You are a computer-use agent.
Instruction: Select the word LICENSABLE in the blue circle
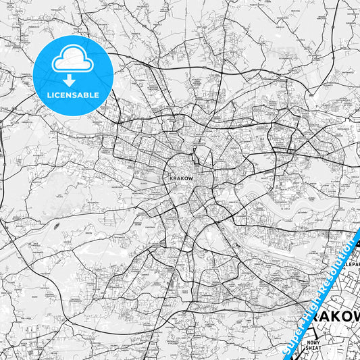72,94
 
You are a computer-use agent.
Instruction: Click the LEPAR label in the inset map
352,265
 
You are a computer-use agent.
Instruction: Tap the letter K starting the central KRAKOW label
166,179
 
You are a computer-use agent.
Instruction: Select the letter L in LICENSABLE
48,94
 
